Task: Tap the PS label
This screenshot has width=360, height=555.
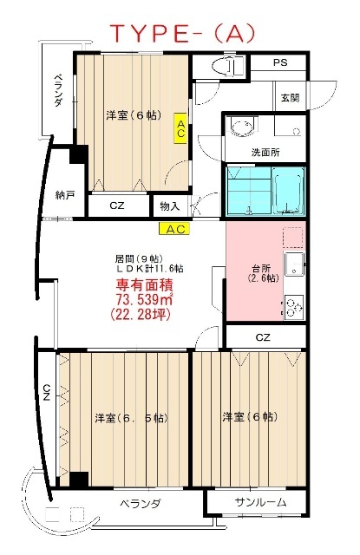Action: click(280, 63)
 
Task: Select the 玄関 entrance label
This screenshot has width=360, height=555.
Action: click(289, 98)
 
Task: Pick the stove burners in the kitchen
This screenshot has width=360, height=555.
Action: click(292, 305)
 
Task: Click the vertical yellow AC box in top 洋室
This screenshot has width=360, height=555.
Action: click(180, 128)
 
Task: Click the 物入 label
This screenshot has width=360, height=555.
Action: click(170, 206)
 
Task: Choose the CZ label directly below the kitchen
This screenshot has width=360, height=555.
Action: click(264, 336)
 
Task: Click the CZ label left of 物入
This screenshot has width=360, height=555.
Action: click(117, 206)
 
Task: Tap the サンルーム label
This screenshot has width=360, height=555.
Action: click(258, 504)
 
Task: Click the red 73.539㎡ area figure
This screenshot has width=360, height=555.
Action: click(143, 299)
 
